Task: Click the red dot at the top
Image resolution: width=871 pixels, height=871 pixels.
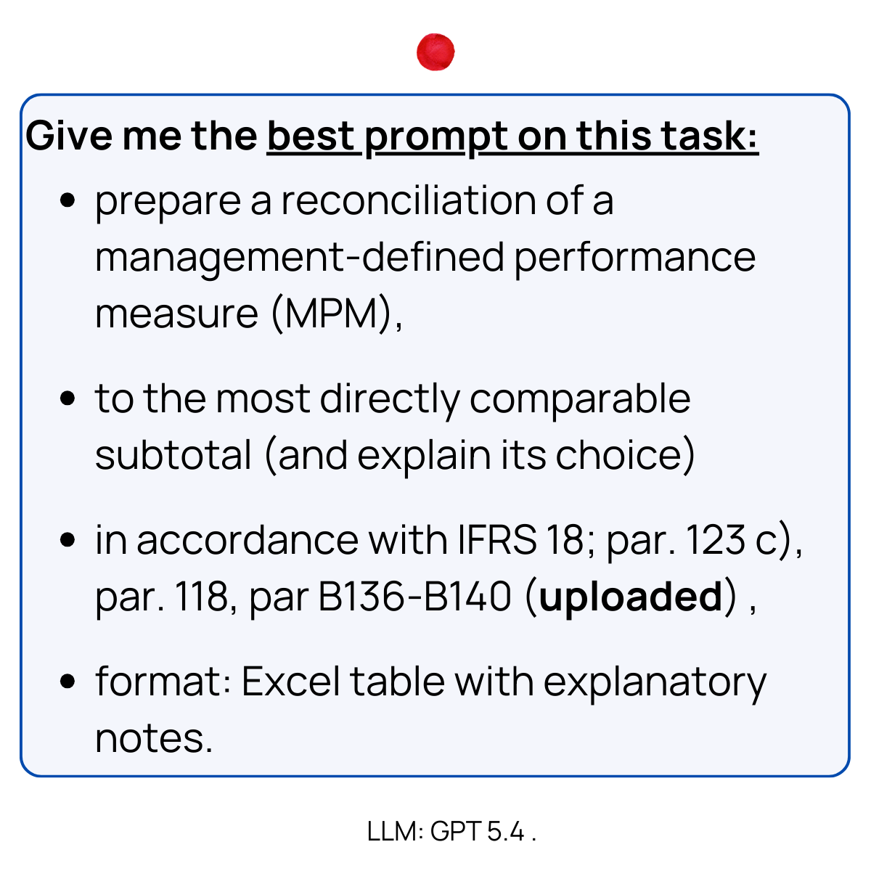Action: [435, 52]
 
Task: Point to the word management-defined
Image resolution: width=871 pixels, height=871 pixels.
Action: [299, 258]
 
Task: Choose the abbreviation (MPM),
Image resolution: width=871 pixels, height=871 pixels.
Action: [337, 314]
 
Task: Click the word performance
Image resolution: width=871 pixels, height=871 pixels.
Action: [635, 258]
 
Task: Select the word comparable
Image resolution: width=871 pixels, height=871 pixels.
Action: [579, 398]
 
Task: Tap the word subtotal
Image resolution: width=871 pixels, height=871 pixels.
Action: [173, 455]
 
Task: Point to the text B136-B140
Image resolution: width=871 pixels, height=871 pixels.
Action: [415, 597]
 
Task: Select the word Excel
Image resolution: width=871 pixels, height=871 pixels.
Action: [290, 682]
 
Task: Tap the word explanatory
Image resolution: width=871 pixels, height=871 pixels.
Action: [655, 683]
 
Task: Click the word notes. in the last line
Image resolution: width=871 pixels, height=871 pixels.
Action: [154, 738]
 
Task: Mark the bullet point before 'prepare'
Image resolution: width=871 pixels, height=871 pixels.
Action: [68, 201]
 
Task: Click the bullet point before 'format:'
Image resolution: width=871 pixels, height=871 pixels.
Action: [68, 682]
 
